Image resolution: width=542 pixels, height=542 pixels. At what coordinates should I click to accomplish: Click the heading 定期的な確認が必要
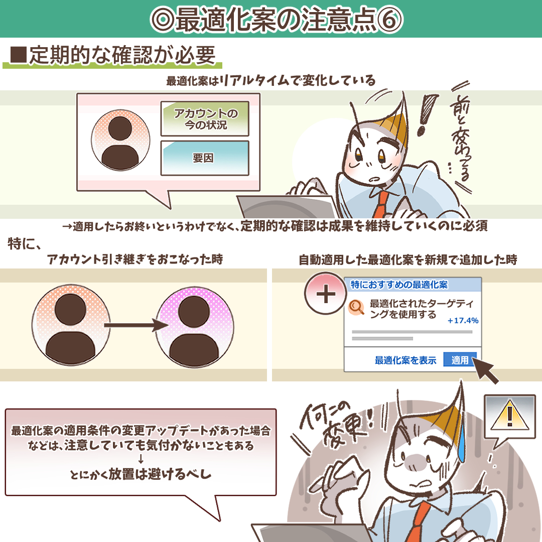click(115, 56)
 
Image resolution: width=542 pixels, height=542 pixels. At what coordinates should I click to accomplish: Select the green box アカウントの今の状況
click(205, 119)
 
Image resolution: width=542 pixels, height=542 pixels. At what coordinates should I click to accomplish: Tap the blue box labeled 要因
click(205, 158)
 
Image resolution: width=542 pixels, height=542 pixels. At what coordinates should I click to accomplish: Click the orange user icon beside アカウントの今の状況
click(120, 143)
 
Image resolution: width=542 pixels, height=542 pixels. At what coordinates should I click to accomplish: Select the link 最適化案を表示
click(405, 360)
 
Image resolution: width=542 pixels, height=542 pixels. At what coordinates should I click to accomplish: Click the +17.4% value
click(463, 321)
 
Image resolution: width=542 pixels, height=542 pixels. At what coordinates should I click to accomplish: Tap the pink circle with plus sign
click(326, 295)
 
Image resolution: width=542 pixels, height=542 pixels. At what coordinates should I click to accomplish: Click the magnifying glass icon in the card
click(357, 307)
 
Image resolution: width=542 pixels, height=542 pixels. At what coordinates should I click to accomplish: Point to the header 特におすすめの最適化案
click(399, 285)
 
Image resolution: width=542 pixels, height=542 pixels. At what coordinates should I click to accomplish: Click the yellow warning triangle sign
click(510, 416)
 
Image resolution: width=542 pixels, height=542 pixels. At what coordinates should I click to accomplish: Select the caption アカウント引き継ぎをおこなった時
click(135, 260)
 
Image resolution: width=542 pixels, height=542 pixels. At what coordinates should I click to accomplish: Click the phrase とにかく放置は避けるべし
click(141, 474)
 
